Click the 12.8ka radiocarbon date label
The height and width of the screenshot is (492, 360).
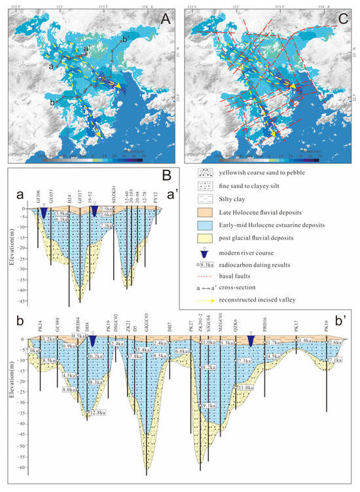(98, 412)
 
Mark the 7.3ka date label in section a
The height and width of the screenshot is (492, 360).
(107, 225)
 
